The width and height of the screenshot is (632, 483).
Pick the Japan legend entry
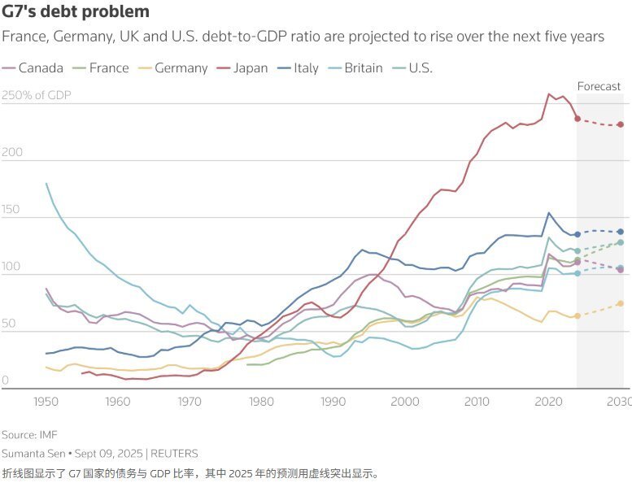point(242,67)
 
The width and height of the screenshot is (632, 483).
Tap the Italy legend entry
point(299,67)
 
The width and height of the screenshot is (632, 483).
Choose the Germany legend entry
point(172,67)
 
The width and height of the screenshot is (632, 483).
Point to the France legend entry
point(101,67)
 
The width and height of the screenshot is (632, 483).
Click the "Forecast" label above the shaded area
point(599,86)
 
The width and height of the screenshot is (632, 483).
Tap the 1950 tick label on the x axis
point(46,401)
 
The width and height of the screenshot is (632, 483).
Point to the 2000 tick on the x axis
point(406,401)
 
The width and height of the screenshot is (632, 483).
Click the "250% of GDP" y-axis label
point(37,96)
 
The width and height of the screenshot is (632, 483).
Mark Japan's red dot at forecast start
point(578,119)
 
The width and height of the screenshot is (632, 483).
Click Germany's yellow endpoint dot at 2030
point(621,303)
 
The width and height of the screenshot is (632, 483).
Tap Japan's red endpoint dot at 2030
point(621,124)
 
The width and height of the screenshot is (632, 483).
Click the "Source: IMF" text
point(29,435)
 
